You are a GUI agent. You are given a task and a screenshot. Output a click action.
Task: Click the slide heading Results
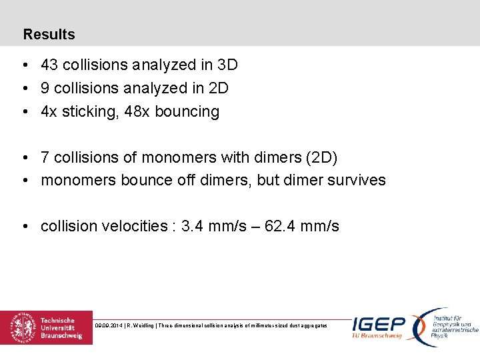click(x=49, y=34)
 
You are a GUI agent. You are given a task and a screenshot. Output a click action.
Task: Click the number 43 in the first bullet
click(x=49, y=65)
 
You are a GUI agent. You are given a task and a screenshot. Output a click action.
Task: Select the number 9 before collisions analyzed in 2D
click(x=45, y=88)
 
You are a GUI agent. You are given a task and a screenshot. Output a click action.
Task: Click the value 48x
click(x=137, y=111)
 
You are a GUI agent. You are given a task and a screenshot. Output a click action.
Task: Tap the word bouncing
click(x=187, y=112)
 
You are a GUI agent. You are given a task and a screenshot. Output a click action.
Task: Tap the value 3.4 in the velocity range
click(x=192, y=226)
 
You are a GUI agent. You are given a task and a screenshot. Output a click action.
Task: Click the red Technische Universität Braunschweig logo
click(x=46, y=327)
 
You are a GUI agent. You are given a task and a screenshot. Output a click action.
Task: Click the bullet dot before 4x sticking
click(x=24, y=112)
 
